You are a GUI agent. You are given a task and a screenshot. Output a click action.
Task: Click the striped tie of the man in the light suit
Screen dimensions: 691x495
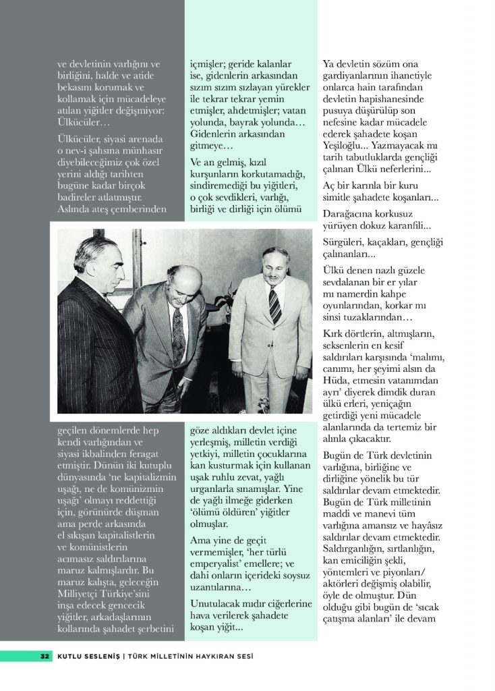coord(274,305)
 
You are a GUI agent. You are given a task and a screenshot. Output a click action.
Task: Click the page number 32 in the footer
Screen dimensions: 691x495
coord(45,656)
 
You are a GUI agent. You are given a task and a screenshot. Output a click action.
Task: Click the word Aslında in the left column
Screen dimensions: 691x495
coord(77,210)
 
